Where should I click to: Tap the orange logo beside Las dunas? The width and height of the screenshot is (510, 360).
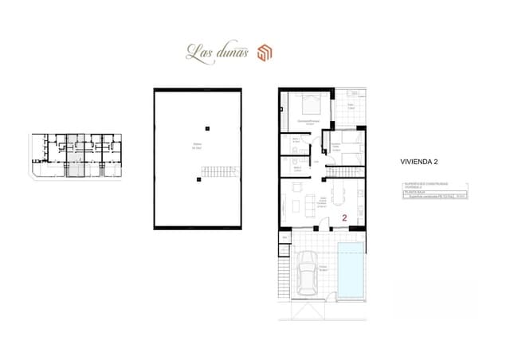265,53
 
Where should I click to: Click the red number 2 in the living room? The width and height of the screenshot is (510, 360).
343,217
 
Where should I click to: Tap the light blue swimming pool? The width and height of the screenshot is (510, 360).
350,268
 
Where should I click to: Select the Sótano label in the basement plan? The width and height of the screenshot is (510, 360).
195,147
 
